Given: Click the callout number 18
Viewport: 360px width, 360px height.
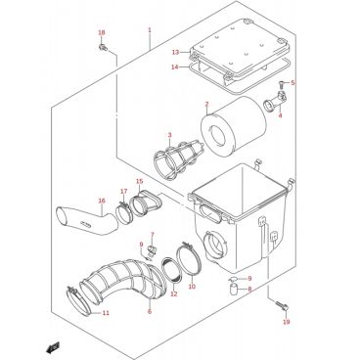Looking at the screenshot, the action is (x=102, y=32).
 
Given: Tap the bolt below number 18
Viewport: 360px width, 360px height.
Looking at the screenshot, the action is (x=103, y=47).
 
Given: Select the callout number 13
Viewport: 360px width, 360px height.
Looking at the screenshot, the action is (x=175, y=52).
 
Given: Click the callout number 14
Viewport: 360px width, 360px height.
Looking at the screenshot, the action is (x=175, y=67).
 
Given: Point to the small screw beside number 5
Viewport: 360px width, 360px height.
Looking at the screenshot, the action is (x=282, y=84).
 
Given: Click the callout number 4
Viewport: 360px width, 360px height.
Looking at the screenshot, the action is (x=280, y=115).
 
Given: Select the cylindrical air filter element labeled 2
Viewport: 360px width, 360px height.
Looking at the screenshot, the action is (x=234, y=126).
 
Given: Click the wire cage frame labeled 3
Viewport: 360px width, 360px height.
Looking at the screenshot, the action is (x=178, y=157).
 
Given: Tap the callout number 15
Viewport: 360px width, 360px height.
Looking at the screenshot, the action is (x=139, y=181).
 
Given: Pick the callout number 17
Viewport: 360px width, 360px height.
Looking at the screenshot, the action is (x=123, y=191).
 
